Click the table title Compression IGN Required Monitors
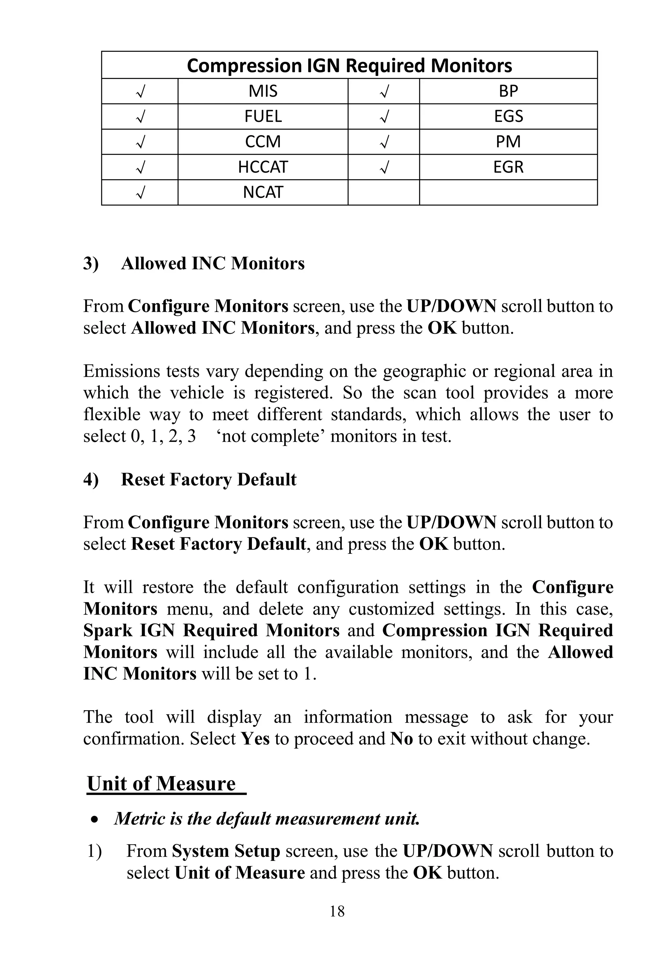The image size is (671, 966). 349,66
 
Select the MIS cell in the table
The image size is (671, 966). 263,91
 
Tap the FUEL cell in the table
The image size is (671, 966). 263,116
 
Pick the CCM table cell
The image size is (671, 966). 263,142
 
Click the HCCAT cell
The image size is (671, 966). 263,167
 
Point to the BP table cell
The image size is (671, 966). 508,91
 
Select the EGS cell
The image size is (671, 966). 508,116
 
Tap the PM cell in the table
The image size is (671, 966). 508,142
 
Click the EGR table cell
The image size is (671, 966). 508,167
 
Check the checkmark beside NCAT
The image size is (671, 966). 141,193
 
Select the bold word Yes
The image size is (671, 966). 255,739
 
